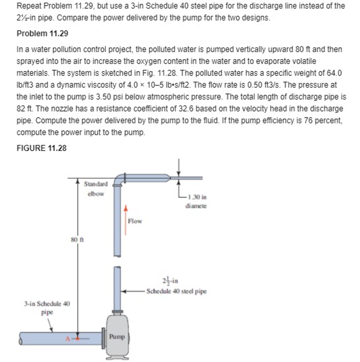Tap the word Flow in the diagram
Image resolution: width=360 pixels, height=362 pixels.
[x=135, y=221]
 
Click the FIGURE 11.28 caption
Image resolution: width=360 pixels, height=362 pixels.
[x=41, y=148]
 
